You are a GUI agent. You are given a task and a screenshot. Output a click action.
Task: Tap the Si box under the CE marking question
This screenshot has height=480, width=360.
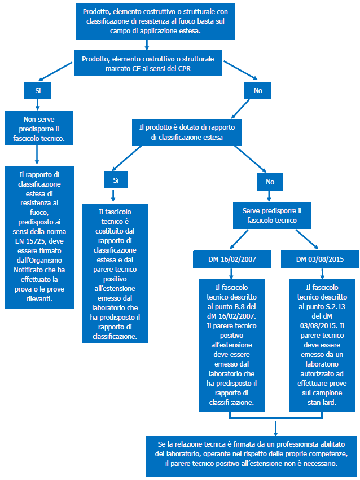[x=37, y=90]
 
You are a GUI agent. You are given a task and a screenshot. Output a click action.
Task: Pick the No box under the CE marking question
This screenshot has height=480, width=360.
[x=257, y=90]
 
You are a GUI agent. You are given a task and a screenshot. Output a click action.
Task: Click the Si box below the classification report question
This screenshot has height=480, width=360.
[x=115, y=179]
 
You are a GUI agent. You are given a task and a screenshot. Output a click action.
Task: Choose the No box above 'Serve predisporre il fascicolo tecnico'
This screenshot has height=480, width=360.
[x=269, y=182]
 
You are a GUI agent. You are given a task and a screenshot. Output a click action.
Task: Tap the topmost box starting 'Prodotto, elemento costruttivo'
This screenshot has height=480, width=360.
[x=147, y=21]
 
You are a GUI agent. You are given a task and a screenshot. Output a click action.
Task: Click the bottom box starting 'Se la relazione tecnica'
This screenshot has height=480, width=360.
[x=252, y=455]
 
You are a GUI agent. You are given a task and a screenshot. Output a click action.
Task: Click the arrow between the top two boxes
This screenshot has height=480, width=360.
[x=147, y=45]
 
